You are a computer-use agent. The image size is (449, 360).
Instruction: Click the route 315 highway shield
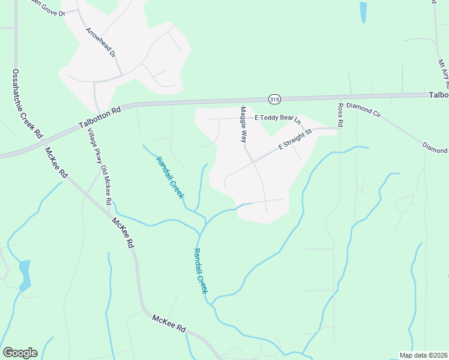click(274, 99)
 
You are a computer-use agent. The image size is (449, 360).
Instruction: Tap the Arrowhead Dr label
click(100, 42)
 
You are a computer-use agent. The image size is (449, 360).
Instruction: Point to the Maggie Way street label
click(244, 124)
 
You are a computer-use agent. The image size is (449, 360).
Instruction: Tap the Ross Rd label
click(340, 115)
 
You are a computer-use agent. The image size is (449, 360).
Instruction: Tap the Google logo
click(20, 353)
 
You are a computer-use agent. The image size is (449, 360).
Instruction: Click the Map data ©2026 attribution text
click(423, 355)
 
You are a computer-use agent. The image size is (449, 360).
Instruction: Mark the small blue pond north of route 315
click(363, 13)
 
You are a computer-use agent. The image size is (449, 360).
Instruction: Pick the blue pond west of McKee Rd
click(25, 275)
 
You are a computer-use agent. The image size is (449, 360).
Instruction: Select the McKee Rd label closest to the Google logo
click(169, 325)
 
